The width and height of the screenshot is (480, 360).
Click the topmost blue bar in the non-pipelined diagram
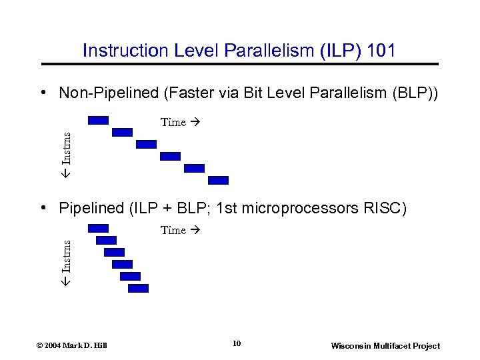coord(98,120)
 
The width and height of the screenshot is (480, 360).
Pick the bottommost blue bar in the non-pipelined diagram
coord(218,180)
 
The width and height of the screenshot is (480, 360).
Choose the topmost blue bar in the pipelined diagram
coord(98,228)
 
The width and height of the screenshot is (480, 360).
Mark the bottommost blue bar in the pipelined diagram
coord(138,288)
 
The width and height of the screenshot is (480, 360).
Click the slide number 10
coord(237,344)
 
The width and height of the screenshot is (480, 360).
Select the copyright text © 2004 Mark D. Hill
coord(73,345)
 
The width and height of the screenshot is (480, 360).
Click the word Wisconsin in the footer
coord(353,345)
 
